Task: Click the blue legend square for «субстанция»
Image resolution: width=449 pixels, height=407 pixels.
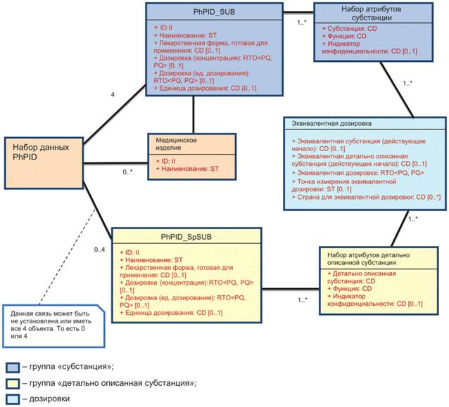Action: tap(11, 366)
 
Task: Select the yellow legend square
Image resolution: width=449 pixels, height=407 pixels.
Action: tap(11, 383)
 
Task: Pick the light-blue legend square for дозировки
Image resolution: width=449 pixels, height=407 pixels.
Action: tap(11, 399)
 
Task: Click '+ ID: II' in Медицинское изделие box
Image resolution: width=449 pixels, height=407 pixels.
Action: tap(166, 161)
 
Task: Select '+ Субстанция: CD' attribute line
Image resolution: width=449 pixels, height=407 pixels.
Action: tap(351, 29)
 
